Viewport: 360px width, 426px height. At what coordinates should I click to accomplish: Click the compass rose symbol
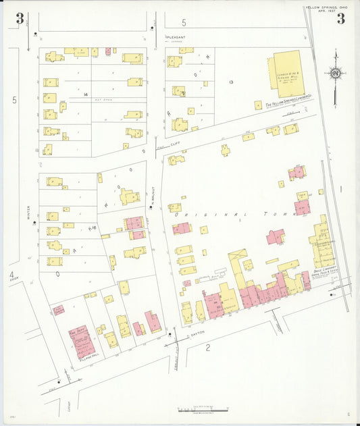click(334, 73)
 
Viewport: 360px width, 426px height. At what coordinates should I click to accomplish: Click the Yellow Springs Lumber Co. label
click(289, 104)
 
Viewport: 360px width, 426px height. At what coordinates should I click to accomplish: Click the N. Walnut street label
click(154, 191)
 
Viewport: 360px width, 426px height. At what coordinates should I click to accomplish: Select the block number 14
click(85, 95)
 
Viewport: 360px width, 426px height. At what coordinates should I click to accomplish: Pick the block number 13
click(231, 82)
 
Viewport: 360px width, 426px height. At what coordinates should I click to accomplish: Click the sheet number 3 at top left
click(20, 18)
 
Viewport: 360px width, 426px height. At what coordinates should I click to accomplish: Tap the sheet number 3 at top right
click(340, 18)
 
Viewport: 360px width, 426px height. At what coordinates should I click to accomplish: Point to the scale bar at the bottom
click(201, 409)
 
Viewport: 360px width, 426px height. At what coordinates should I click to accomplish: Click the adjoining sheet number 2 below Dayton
click(208, 348)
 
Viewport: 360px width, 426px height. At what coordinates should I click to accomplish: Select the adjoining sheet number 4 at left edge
click(11, 275)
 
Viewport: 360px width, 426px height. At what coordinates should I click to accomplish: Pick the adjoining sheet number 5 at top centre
click(184, 23)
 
